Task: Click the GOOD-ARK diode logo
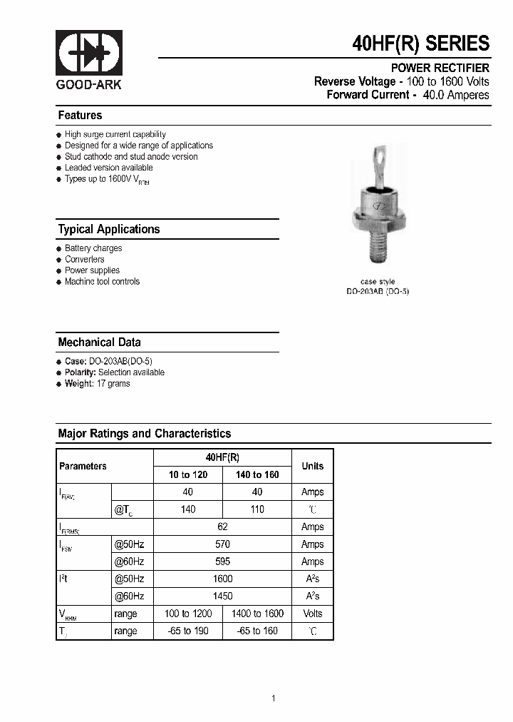[x=89, y=54]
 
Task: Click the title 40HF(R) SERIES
[x=420, y=44]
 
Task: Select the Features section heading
[x=80, y=116]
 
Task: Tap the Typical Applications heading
[x=108, y=229]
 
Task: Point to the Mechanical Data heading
[x=99, y=342]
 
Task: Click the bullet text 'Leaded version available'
[x=108, y=168]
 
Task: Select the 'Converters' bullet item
[x=84, y=260]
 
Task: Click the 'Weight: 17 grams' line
[x=97, y=384]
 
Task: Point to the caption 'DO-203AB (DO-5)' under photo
[x=377, y=291]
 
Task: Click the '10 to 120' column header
[x=188, y=475]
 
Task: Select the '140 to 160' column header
[x=257, y=475]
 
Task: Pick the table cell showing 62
[x=222, y=527]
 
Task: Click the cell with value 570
[x=222, y=544]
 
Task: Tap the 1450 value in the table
[x=222, y=596]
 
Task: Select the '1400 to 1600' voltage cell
[x=257, y=614]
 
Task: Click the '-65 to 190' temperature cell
[x=188, y=631]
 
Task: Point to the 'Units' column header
[x=312, y=467]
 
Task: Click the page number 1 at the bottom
[x=273, y=698]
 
